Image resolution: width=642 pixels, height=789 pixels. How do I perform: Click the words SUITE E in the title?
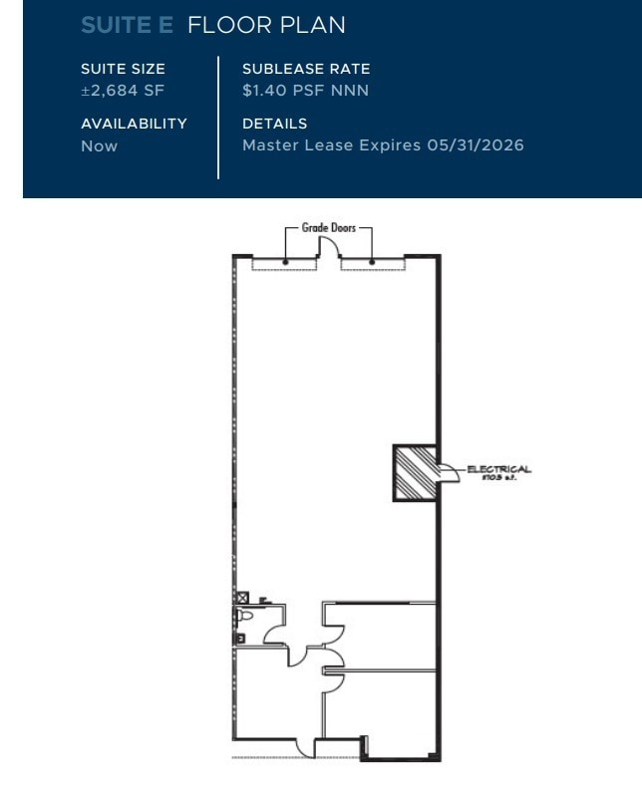click(128, 26)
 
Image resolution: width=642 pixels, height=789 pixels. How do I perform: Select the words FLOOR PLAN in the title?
click(266, 26)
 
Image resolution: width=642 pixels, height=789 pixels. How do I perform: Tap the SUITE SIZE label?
click(123, 69)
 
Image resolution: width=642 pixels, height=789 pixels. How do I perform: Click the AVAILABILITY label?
click(134, 124)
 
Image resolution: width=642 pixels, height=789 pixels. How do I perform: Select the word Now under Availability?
click(99, 145)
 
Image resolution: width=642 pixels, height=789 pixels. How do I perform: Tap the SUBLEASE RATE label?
click(306, 69)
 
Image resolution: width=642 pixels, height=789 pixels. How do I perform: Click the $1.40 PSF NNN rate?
click(305, 91)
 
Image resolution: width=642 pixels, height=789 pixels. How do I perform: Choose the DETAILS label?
click(274, 124)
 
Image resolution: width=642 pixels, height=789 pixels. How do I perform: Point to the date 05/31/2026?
click(476, 145)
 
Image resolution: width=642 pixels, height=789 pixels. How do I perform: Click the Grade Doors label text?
click(328, 228)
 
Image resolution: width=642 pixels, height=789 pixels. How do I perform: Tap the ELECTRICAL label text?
click(498, 469)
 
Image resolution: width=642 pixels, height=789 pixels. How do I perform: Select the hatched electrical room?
click(413, 472)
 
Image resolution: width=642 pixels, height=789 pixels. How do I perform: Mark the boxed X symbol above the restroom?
click(240, 597)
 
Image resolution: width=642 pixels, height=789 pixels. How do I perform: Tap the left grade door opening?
click(284, 265)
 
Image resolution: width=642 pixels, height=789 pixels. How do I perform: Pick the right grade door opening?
click(373, 265)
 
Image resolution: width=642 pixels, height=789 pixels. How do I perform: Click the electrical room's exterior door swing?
click(448, 474)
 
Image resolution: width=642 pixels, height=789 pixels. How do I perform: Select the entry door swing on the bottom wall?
click(305, 746)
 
